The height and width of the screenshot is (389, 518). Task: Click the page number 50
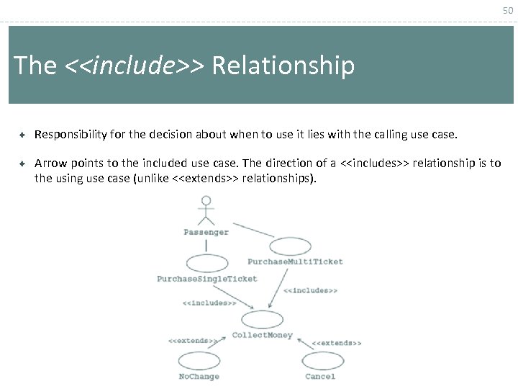[x=508, y=10]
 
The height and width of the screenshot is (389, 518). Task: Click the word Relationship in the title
[x=283, y=66]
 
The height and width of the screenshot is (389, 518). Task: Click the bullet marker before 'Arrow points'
[x=22, y=164]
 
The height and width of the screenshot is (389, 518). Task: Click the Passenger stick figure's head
[x=206, y=202]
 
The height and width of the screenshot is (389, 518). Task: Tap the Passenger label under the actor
[x=206, y=232]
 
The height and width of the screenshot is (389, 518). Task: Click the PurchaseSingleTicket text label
[x=207, y=279]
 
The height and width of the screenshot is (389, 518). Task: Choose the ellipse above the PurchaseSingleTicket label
[x=206, y=264]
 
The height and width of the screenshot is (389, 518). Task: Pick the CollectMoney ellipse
[x=262, y=320]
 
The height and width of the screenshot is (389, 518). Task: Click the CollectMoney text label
[x=262, y=335]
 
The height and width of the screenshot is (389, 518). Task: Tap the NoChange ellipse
[x=199, y=361]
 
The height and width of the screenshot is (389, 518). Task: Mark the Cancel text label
[x=320, y=376]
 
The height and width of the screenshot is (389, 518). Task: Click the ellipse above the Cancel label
[x=323, y=360]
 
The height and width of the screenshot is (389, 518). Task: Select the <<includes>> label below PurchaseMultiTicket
[x=310, y=290]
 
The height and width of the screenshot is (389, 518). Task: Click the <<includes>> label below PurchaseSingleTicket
[x=209, y=303]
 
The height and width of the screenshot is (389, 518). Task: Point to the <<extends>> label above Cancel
[x=337, y=343]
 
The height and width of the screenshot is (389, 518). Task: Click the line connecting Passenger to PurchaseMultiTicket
[x=253, y=230]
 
